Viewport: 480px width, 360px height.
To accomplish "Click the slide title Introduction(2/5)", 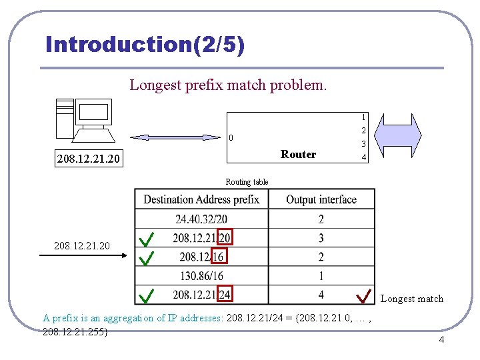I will pos(145,45).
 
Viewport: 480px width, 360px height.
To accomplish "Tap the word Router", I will pos(298,154).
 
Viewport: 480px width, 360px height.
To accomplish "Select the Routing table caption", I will pos(247,181).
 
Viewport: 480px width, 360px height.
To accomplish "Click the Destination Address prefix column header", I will pos(201,199).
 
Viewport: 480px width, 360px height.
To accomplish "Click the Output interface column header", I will pos(321,199).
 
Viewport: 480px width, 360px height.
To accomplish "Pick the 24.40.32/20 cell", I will pos(201,219).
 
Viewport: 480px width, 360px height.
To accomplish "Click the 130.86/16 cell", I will pos(201,275).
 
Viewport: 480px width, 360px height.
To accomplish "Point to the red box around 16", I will pos(217,257).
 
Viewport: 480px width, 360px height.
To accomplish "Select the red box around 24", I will pos(224,294).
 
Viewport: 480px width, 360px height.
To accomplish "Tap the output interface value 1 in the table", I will pos(321,275).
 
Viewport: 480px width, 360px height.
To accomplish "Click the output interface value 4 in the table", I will pos(321,294).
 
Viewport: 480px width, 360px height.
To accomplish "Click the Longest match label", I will pos(411,299).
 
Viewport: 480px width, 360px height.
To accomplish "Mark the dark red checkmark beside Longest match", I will pos(364,294).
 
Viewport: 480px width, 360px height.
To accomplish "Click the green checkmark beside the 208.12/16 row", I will pos(147,257).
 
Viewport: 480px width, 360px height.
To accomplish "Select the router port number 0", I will pos(231,139).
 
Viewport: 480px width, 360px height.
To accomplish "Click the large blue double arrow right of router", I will pos(401,137).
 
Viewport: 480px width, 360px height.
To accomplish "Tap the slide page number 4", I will pos(441,341).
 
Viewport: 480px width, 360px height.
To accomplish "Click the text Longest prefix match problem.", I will pos(228,85).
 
